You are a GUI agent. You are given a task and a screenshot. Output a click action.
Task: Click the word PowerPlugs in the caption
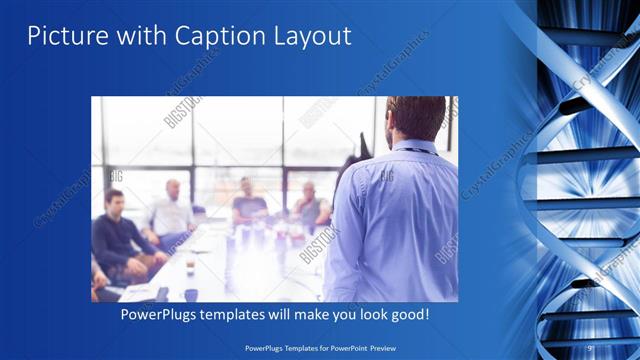pos(160,315)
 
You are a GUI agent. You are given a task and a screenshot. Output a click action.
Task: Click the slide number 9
pos(589,347)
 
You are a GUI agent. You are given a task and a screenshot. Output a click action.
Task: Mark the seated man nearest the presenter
pos(310,204)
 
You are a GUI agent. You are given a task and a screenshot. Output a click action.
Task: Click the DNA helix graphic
pos(585,180)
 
